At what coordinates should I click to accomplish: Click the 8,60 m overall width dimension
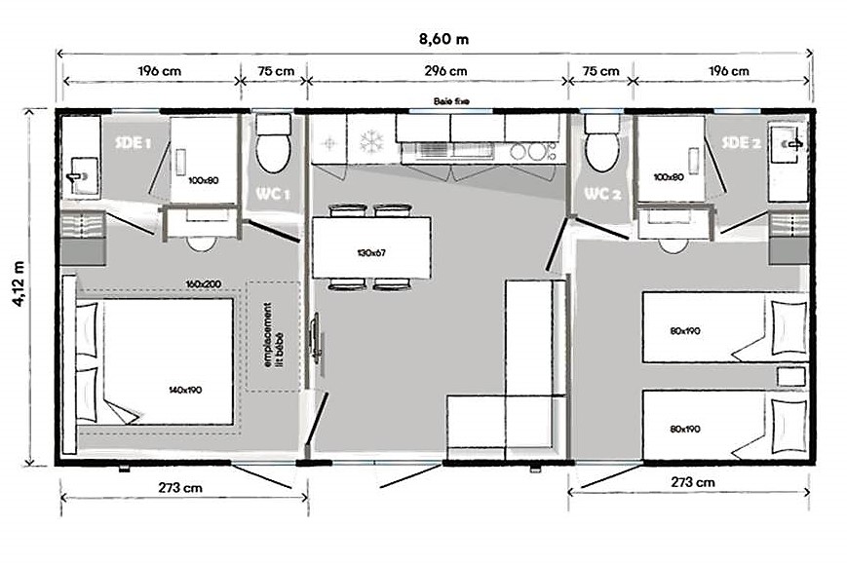click(443, 39)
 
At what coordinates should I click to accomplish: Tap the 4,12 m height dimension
click(19, 283)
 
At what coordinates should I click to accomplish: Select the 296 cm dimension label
click(445, 71)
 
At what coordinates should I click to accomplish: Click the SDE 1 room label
click(134, 143)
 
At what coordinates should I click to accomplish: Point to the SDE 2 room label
click(741, 142)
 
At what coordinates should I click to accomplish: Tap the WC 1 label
click(273, 193)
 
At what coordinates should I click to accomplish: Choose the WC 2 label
click(602, 193)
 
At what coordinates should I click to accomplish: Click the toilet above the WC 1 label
click(273, 143)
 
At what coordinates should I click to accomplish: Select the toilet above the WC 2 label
click(602, 143)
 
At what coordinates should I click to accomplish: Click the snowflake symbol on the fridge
click(371, 142)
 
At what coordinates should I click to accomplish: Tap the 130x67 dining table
click(371, 247)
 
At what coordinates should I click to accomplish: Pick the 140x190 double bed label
click(185, 390)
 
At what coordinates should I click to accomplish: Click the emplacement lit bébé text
click(273, 335)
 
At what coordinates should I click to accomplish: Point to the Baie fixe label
click(451, 101)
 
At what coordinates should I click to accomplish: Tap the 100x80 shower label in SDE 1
click(203, 180)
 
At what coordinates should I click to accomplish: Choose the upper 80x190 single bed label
click(685, 331)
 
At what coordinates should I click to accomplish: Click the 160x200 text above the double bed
click(203, 283)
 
